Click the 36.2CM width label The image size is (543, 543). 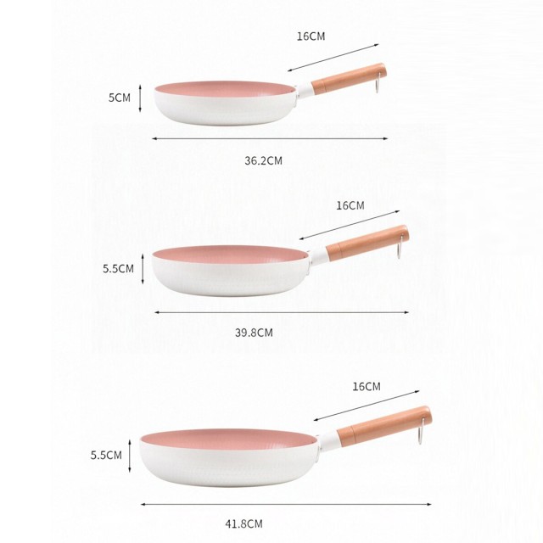click(x=263, y=160)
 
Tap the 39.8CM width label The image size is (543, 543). click(x=254, y=333)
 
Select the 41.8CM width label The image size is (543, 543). click(x=244, y=523)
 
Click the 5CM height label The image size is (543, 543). click(x=120, y=98)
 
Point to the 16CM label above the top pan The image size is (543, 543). click(x=311, y=36)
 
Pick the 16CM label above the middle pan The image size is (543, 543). click(x=350, y=205)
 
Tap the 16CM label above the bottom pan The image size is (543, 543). click(x=367, y=386)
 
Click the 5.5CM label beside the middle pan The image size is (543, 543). click(x=119, y=268)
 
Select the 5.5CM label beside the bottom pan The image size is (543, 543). click(x=106, y=455)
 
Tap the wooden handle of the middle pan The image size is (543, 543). click(x=367, y=242)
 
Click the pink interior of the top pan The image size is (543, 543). click(x=222, y=89)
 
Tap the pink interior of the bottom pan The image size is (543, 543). click(x=227, y=439)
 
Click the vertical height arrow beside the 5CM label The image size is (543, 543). click(x=143, y=98)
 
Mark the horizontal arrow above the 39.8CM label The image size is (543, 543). click(x=281, y=312)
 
